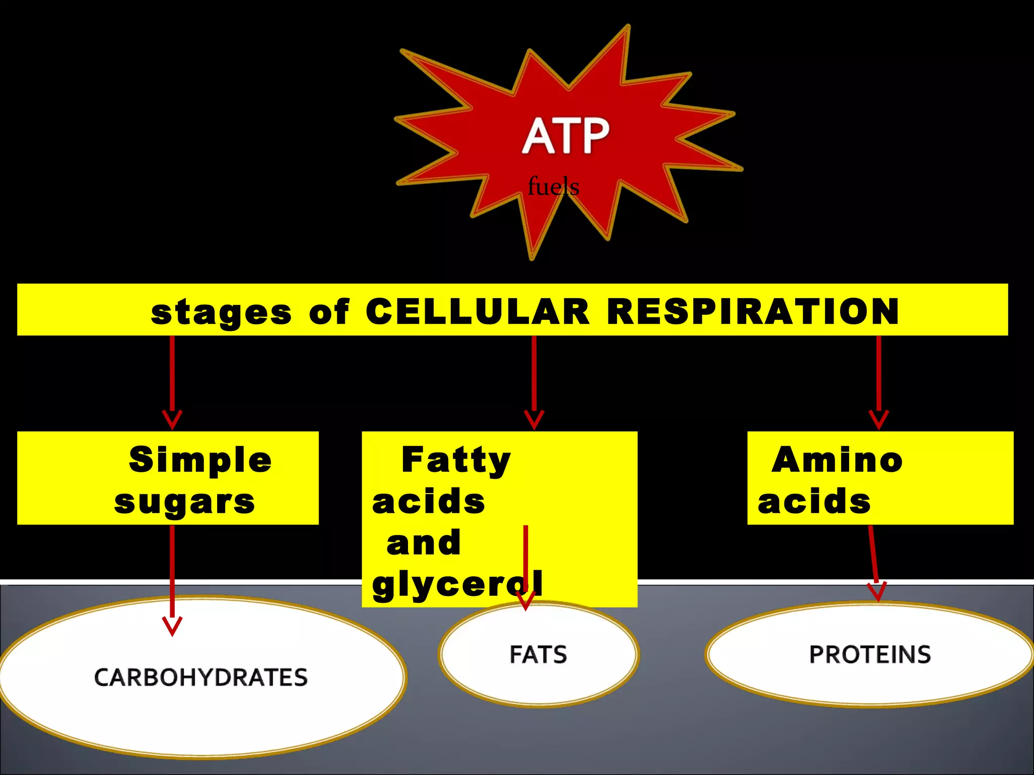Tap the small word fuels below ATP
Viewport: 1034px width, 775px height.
coord(553,187)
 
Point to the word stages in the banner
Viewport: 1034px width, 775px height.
coord(221,313)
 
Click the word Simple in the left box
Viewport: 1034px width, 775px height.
coord(200,460)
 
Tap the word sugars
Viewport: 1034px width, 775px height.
coord(184,503)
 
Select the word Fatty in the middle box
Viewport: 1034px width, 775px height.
coord(456,460)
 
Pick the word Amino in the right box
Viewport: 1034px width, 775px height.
coord(837,460)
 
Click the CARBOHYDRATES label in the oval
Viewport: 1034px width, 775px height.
coord(200,677)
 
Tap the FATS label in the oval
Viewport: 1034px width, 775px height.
coord(538,654)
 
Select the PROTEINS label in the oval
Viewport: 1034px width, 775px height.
coord(870,654)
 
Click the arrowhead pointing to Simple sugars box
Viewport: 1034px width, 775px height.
coord(172,420)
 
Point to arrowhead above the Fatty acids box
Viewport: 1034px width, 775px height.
coord(534,420)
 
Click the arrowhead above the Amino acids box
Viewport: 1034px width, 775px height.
coord(878,420)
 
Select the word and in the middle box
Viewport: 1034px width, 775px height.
coord(423,543)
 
